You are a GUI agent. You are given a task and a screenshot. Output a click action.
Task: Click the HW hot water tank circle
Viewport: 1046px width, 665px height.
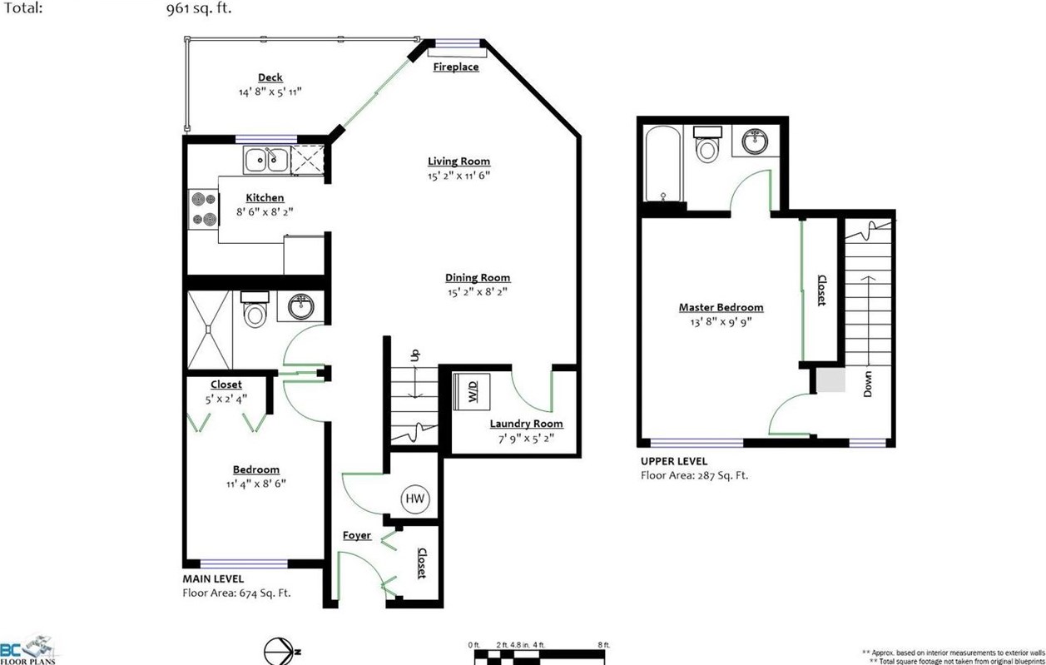pos(415,499)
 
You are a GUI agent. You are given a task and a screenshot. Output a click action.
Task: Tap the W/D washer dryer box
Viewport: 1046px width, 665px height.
pos(472,391)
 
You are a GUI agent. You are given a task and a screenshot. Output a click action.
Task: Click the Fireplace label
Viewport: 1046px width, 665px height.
pos(456,67)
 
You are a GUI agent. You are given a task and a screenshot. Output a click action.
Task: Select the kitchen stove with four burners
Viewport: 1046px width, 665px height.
pos(203,209)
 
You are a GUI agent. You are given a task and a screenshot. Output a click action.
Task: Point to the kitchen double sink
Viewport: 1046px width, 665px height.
pos(266,160)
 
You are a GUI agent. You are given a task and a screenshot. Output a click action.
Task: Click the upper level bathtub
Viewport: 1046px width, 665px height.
pos(662,163)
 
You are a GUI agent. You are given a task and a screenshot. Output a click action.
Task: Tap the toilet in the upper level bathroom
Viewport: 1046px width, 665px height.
pos(706,144)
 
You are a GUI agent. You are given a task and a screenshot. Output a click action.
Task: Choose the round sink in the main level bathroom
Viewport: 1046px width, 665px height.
pos(300,306)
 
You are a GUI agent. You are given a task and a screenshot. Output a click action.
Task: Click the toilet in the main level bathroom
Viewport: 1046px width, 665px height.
pos(255,309)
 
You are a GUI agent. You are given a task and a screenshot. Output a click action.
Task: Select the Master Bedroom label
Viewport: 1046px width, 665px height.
pos(721,307)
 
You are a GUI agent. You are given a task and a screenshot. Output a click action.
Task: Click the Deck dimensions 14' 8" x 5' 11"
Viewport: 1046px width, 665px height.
pos(270,92)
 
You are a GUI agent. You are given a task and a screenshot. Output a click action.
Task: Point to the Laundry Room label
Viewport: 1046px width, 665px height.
pos(526,424)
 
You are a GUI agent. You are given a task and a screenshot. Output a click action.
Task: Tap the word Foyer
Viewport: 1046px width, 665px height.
pos(357,536)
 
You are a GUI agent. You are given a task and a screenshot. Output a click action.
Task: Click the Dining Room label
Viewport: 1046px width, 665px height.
pos(478,278)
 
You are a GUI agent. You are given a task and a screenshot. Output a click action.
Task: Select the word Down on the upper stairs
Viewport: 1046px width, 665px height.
pos(868,384)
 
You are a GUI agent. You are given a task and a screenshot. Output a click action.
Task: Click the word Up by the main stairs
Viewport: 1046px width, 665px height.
pos(414,355)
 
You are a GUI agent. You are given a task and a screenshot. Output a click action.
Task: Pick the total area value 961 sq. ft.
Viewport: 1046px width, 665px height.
pos(199,9)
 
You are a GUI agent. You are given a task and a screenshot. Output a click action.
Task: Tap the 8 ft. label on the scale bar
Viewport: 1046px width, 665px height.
pos(604,645)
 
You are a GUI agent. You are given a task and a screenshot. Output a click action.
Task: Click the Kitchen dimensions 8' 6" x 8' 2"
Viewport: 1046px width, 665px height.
pos(265,212)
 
